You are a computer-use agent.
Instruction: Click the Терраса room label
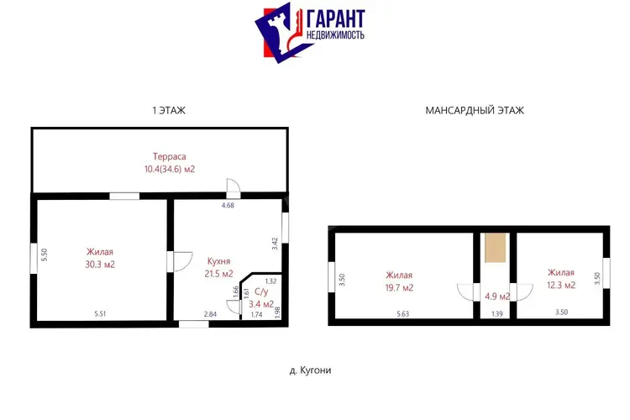pos(169,156)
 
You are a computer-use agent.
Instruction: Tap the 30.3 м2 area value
pos(100,265)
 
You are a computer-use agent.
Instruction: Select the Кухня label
pos(218,261)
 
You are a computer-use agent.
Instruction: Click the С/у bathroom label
pos(261,291)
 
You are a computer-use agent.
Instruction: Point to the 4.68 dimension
pos(228,205)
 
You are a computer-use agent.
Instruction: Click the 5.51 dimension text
pos(100,314)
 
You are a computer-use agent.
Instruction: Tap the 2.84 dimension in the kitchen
pos(210,314)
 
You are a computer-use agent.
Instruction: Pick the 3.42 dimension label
pos(275,244)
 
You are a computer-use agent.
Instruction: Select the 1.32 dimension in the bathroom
pos(270,281)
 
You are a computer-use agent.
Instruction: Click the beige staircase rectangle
pos(495,248)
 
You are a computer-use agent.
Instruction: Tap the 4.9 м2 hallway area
pos(497,297)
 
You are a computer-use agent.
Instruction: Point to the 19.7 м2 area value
pos(399,288)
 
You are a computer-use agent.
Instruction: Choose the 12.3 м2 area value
pos(561,286)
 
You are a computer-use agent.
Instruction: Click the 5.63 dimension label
pos(402,314)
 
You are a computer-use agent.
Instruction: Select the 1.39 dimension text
pos(497,314)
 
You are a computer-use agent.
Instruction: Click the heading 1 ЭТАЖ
pos(169,111)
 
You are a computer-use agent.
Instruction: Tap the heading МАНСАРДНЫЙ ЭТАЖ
pos(475,111)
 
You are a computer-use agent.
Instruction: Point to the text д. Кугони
pos(310,370)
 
